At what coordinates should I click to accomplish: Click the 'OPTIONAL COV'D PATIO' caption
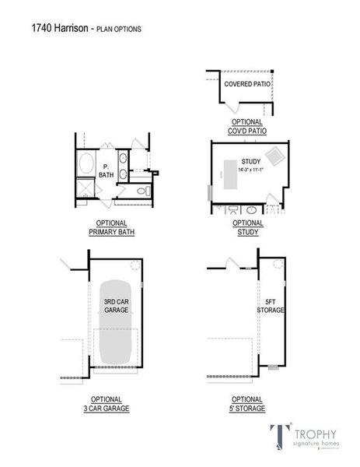click(x=247, y=126)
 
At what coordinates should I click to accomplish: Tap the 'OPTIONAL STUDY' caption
click(x=247, y=227)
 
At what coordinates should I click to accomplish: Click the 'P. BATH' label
click(x=107, y=170)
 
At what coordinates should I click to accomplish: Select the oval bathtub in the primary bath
click(x=85, y=165)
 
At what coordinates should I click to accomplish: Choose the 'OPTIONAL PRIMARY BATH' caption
click(x=107, y=227)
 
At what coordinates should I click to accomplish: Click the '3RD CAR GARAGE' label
click(x=116, y=305)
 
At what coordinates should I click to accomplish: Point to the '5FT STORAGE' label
click(x=270, y=305)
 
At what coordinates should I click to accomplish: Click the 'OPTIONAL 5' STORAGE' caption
click(x=247, y=403)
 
